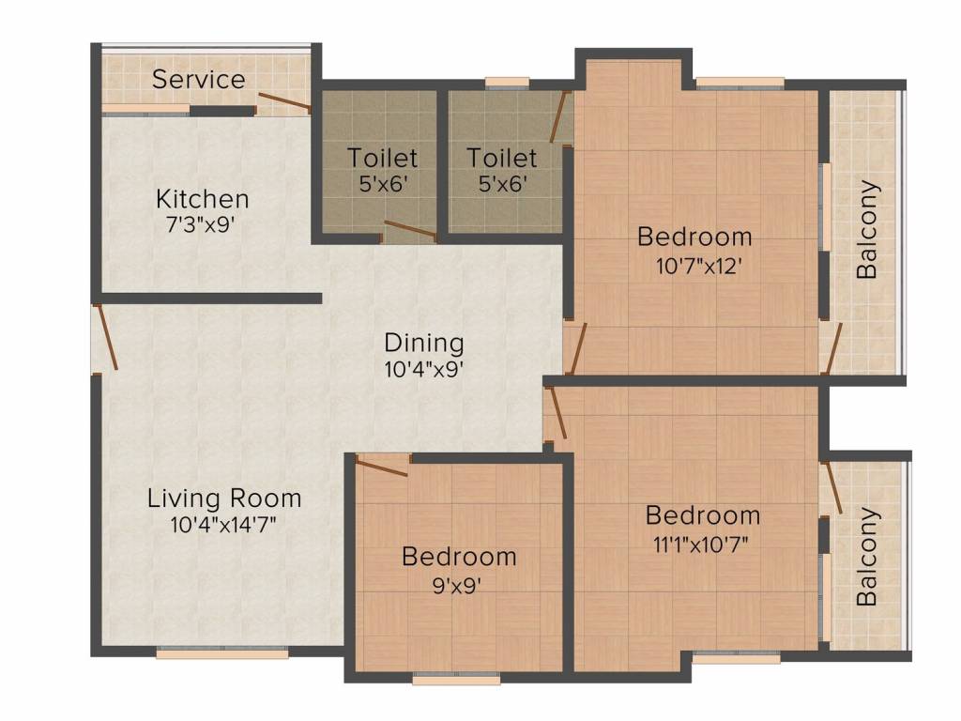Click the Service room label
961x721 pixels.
coord(199,79)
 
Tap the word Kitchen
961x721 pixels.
coord(203,199)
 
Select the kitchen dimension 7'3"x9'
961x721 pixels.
coord(201,224)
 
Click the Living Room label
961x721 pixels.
coord(224,498)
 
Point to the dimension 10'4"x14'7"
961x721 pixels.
coord(223,524)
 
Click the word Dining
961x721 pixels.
coord(423,344)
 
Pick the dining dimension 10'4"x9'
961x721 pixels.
coord(423,369)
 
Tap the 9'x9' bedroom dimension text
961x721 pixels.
coord(456,586)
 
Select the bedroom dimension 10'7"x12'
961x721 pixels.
coord(699,266)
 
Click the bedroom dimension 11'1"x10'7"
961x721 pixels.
coord(700,544)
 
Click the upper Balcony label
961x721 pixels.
coord(867,229)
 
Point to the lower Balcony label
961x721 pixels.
coord(867,556)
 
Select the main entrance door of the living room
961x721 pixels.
coord(105,337)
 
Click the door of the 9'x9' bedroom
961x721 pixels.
coord(381,466)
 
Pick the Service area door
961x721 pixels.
coord(283,103)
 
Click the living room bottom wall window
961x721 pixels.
coord(221,653)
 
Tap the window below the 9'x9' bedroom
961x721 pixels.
coord(457,679)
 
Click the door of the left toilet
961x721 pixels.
coord(409,230)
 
